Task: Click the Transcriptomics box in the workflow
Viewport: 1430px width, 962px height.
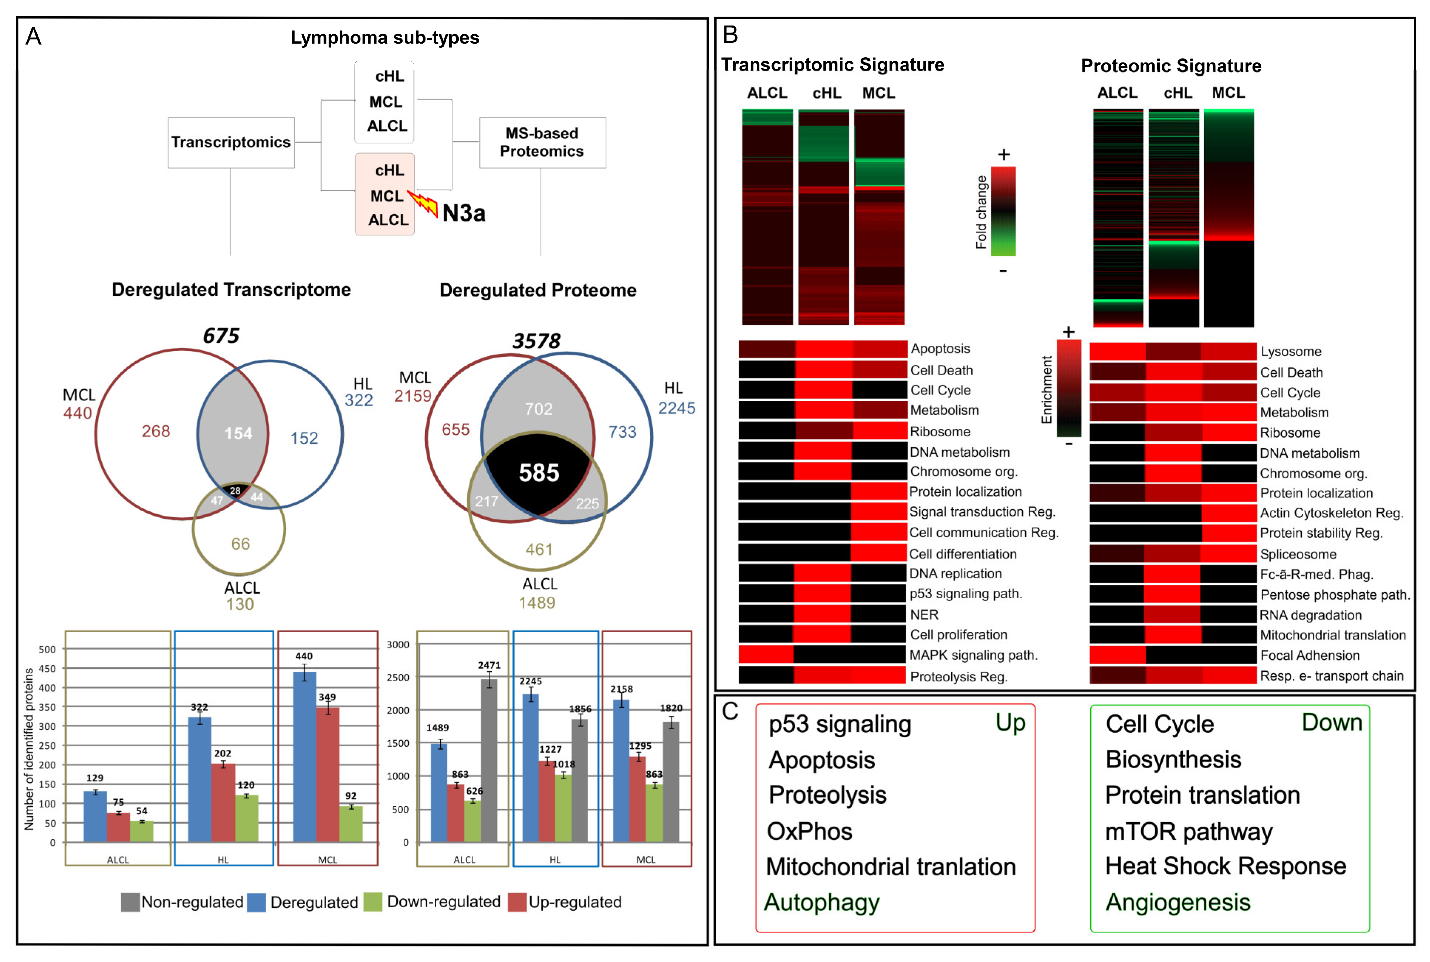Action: coord(231,142)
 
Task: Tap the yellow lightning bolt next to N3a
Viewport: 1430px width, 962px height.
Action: coord(423,203)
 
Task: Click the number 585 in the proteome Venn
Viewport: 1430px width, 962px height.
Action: coord(539,472)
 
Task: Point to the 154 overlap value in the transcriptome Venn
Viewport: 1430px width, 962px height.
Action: coord(238,434)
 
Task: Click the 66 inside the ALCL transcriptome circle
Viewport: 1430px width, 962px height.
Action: coord(240,543)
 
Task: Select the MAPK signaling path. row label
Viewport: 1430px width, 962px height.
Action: coord(973,655)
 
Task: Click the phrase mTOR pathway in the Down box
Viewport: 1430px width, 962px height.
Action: coord(1188,832)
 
